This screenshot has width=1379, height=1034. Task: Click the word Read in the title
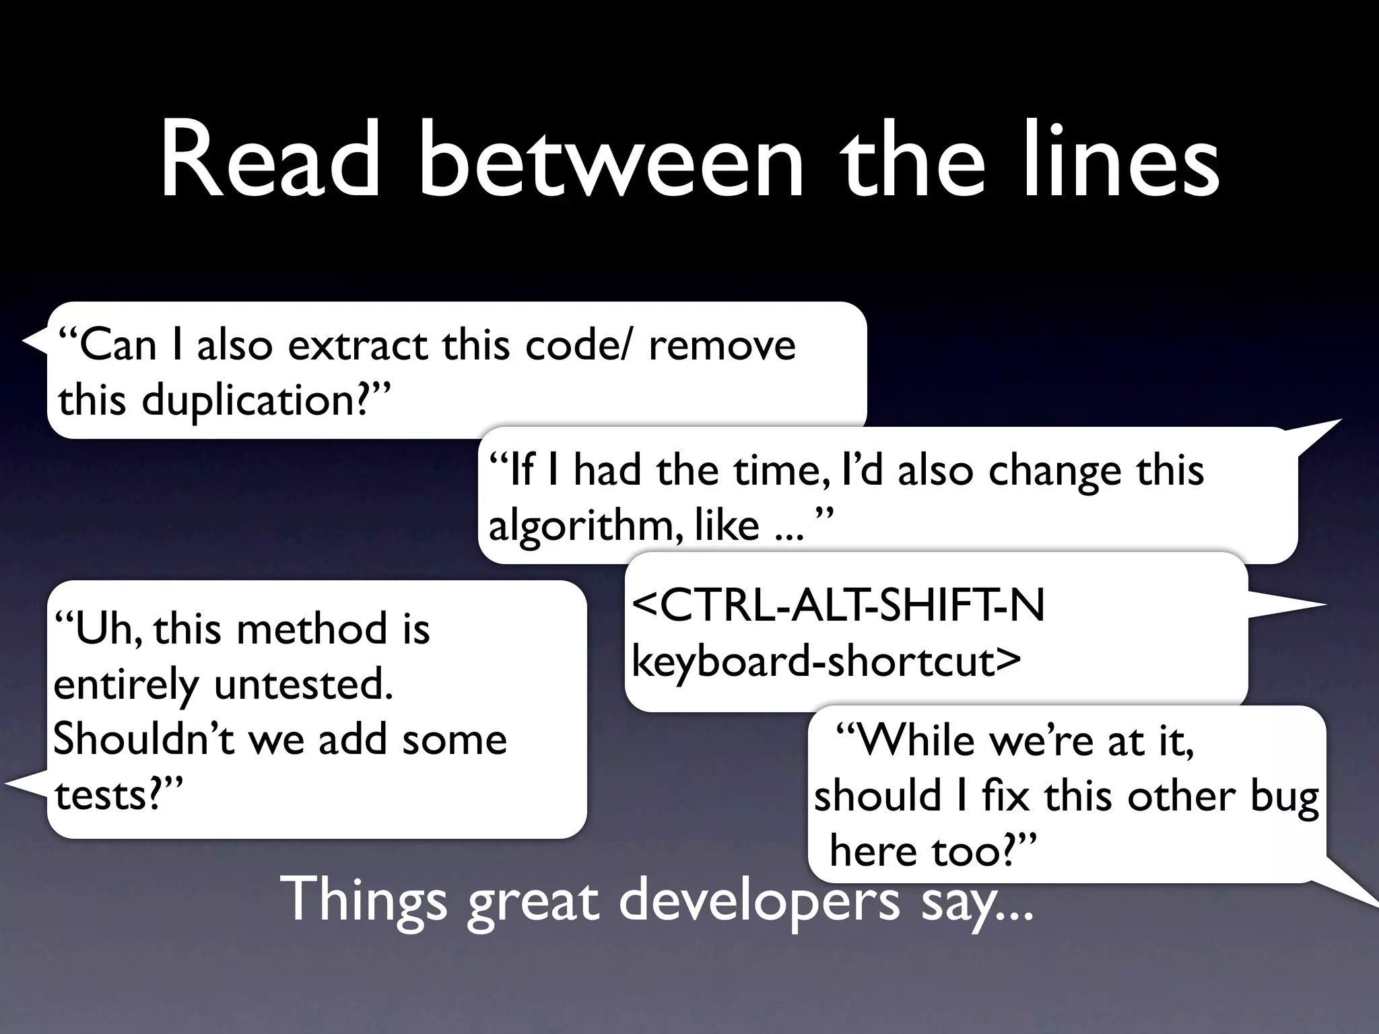(269, 162)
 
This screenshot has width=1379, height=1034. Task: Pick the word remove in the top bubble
(722, 345)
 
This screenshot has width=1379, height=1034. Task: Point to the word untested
(304, 685)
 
